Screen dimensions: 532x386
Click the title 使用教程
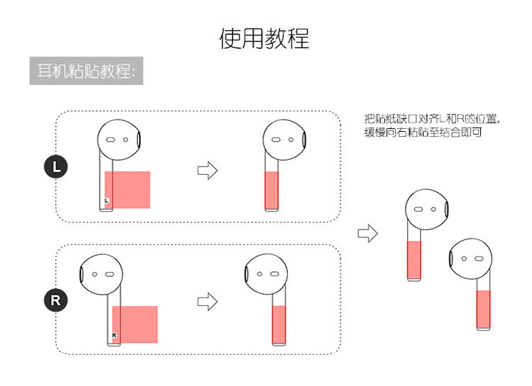[264, 38]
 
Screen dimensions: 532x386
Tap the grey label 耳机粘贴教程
[86, 71]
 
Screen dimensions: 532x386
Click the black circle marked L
[57, 168]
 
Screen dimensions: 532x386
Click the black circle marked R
[57, 300]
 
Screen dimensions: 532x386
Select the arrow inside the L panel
[206, 170]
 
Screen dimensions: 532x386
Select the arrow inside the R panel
[206, 301]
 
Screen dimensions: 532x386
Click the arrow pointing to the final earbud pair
[367, 233]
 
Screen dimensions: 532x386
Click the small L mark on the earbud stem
[106, 201]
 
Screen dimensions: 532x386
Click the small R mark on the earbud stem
[113, 335]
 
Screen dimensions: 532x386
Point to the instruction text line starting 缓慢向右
[423, 132]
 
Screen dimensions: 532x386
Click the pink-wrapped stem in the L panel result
[272, 190]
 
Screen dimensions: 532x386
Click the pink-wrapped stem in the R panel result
[280, 324]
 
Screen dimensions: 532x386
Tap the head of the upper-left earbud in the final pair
[427, 210]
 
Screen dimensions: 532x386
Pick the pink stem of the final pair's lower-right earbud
[484, 309]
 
